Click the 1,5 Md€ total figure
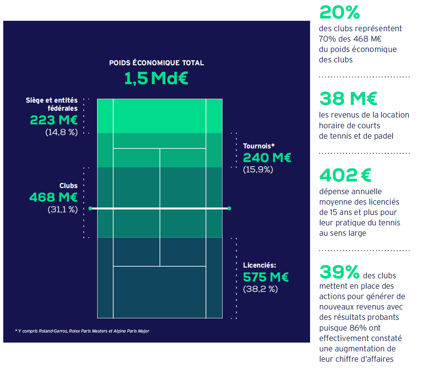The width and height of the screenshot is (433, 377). point(156,78)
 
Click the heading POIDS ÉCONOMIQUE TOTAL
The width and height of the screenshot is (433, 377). point(156,63)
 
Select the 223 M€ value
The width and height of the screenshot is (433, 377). point(54,120)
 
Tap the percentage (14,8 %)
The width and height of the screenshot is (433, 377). point(61,132)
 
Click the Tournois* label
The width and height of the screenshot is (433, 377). point(259,146)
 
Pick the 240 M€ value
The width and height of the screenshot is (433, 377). point(267,158)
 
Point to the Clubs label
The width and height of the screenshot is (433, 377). point(68,186)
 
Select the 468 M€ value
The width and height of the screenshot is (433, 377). point(54,197)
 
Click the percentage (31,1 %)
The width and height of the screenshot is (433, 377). point(63,209)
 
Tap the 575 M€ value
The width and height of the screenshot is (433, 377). point(266,277)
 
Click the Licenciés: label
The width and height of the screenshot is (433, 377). point(259,265)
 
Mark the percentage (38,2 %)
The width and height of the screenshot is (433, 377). point(260,289)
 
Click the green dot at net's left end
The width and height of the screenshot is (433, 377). point(90,208)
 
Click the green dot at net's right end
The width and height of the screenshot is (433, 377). point(229,208)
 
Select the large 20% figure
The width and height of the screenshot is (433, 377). point(340,13)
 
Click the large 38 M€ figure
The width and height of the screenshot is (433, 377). point(348,99)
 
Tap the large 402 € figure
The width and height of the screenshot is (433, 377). point(345,175)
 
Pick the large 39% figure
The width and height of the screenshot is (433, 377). point(339,272)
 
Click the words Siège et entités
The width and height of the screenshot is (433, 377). point(52,100)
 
